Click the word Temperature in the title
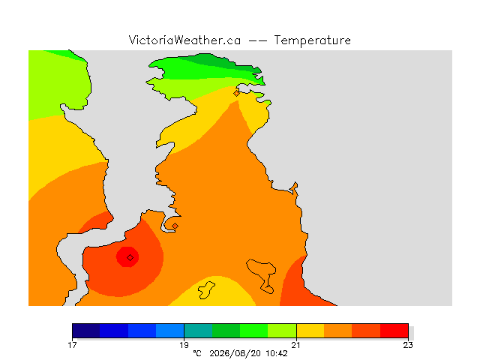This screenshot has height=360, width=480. click(312, 40)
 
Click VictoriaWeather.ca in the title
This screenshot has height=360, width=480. click(184, 40)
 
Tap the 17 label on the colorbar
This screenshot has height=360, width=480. click(72, 345)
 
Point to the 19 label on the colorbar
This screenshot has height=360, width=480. click(184, 345)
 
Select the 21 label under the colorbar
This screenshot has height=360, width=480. click(295, 345)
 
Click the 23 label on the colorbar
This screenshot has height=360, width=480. click(408, 345)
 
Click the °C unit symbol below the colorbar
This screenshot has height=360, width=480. click(197, 353)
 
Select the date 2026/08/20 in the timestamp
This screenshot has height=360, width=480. click(235, 353)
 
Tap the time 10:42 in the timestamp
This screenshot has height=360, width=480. click(277, 353)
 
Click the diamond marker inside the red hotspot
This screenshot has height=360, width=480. click(130, 258)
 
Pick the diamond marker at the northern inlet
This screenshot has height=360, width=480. click(236, 93)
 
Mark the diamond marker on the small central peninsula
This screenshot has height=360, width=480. click(175, 226)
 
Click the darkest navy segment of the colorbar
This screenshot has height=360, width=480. click(86, 331)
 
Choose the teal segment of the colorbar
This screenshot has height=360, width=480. click(198, 331)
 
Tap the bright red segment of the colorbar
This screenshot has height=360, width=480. click(394, 331)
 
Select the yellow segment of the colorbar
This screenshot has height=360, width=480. click(310, 331)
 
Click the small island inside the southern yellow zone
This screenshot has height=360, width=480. click(205, 290)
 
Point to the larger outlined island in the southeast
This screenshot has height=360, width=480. click(261, 272)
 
